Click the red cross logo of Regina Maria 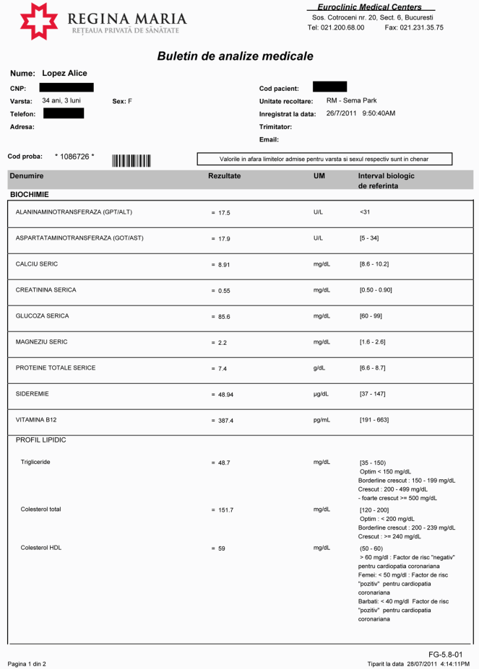(x=39, y=21)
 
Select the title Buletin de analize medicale (x=235, y=56)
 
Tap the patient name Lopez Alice (x=64, y=74)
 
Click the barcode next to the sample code (x=131, y=160)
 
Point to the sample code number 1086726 (x=74, y=156)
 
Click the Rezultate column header (x=224, y=176)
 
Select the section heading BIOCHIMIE (x=29, y=195)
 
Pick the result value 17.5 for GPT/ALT (x=229, y=213)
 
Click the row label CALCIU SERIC (x=36, y=264)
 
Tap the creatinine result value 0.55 (x=229, y=291)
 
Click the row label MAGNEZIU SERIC (x=41, y=342)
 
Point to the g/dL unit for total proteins (x=319, y=368)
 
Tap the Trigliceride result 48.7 (x=229, y=462)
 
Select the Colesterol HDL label (x=41, y=548)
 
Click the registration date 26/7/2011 (x=342, y=113)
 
